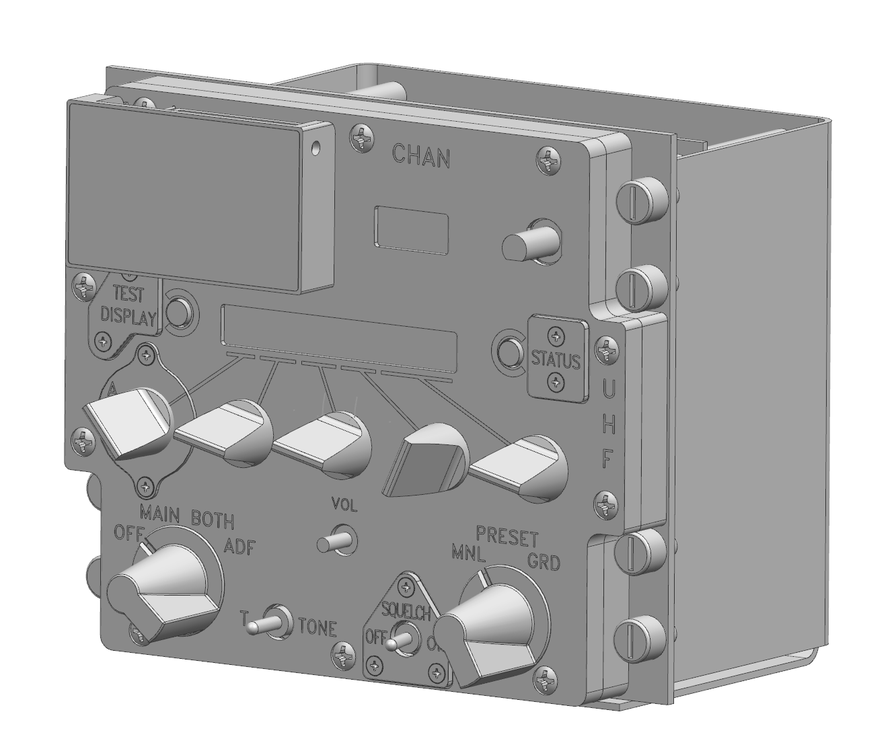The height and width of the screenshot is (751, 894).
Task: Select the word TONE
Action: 317,628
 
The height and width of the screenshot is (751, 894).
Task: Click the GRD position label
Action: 543,561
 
